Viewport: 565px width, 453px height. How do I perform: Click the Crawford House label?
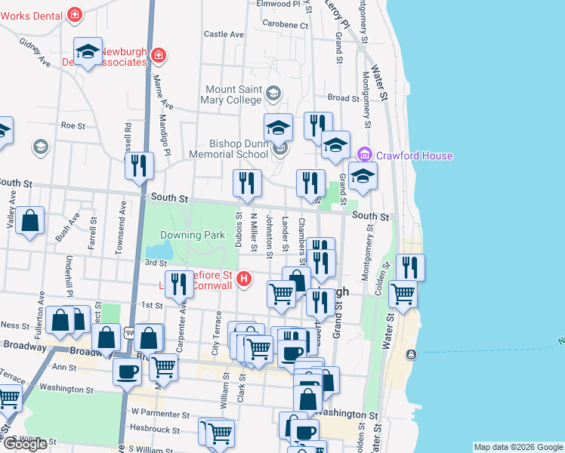[416, 156]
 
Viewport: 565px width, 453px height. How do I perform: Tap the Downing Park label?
[193, 235]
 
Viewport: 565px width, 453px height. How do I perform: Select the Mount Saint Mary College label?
[233, 94]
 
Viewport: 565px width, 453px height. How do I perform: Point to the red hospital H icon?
[244, 279]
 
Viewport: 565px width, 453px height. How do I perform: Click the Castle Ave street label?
[224, 34]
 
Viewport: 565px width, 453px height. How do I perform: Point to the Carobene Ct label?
[286, 25]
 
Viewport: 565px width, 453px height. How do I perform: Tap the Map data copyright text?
[517, 447]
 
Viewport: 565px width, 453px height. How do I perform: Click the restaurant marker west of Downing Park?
[139, 165]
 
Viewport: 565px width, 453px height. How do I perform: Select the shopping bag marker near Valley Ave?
[29, 221]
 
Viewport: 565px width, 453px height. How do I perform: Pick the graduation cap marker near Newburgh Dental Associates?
[88, 51]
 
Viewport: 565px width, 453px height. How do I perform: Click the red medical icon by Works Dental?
[75, 14]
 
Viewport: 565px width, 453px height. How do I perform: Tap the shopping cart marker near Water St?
[403, 293]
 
